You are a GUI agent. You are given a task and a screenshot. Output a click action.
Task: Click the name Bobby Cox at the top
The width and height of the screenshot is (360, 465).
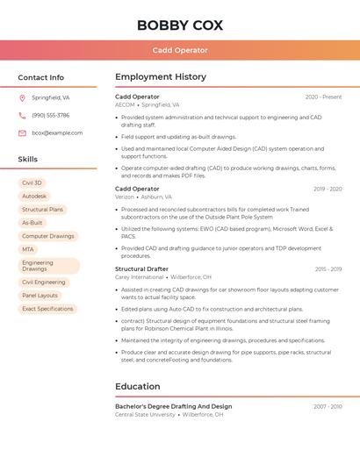point(180,25)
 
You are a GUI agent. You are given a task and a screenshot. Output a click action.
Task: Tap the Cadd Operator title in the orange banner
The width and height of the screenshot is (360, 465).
point(180,51)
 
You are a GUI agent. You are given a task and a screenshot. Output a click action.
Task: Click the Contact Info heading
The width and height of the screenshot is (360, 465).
point(41,77)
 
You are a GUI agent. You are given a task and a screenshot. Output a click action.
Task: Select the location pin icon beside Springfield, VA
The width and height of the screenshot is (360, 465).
point(22,98)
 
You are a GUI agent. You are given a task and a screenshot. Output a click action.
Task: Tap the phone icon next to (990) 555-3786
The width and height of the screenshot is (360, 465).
point(22,116)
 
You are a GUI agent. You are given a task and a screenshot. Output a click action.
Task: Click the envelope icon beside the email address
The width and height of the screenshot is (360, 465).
point(22,133)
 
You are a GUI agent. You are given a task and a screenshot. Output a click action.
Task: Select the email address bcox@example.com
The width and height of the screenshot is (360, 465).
point(57,133)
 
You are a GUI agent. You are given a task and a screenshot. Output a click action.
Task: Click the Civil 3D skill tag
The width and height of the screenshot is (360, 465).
point(32,182)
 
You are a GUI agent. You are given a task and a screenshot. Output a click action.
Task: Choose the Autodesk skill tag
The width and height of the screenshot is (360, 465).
point(34,197)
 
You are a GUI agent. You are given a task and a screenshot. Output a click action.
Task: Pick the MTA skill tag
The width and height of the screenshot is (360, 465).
point(28,250)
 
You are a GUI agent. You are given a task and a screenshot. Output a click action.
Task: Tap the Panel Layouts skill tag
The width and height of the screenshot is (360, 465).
point(40,296)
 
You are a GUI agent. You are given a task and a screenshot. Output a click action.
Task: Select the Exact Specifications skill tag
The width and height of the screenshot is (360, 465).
point(47,309)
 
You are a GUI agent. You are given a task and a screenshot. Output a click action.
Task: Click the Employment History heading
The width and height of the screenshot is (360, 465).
point(161,77)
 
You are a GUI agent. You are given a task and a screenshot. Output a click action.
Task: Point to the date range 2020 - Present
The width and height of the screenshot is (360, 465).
point(323,97)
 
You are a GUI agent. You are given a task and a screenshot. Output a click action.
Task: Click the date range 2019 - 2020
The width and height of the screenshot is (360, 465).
point(327,189)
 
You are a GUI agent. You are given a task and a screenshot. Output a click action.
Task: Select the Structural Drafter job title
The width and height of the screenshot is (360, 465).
point(141,269)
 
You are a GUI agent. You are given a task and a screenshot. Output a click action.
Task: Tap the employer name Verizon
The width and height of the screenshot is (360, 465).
point(125,197)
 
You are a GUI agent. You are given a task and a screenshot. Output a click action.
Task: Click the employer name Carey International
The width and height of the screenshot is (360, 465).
point(140,277)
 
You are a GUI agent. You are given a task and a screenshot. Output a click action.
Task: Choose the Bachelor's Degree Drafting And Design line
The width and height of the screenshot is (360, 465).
point(174,406)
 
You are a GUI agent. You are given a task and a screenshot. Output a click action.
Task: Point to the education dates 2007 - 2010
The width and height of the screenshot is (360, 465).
point(327,406)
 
